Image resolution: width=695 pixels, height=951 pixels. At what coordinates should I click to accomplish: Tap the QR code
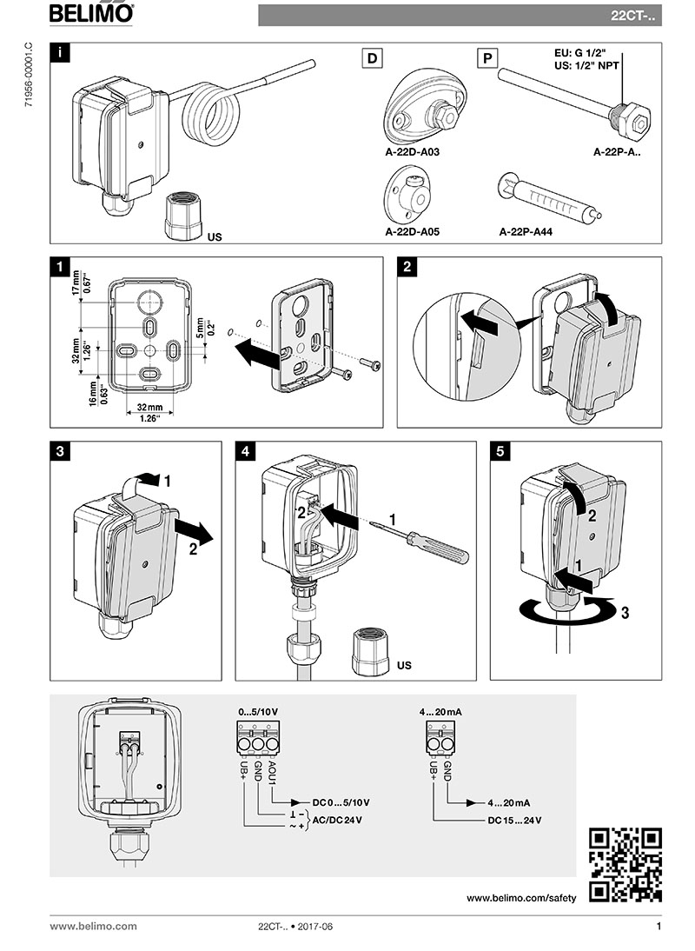(625, 865)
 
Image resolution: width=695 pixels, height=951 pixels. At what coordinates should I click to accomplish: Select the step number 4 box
(247, 452)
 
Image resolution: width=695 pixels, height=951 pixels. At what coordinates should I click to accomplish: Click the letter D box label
(373, 59)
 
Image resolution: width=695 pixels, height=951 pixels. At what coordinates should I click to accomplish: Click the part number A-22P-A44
(527, 233)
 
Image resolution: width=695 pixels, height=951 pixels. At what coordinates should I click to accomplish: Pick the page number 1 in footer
(659, 927)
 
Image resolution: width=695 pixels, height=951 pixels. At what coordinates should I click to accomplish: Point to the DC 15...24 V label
(513, 820)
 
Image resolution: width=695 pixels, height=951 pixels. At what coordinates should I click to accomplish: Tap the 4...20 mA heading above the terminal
(440, 712)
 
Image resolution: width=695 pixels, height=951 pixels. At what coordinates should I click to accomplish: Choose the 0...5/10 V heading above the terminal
(258, 712)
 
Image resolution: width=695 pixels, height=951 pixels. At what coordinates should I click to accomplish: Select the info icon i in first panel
(59, 52)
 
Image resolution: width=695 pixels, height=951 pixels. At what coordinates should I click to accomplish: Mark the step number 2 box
(407, 267)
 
